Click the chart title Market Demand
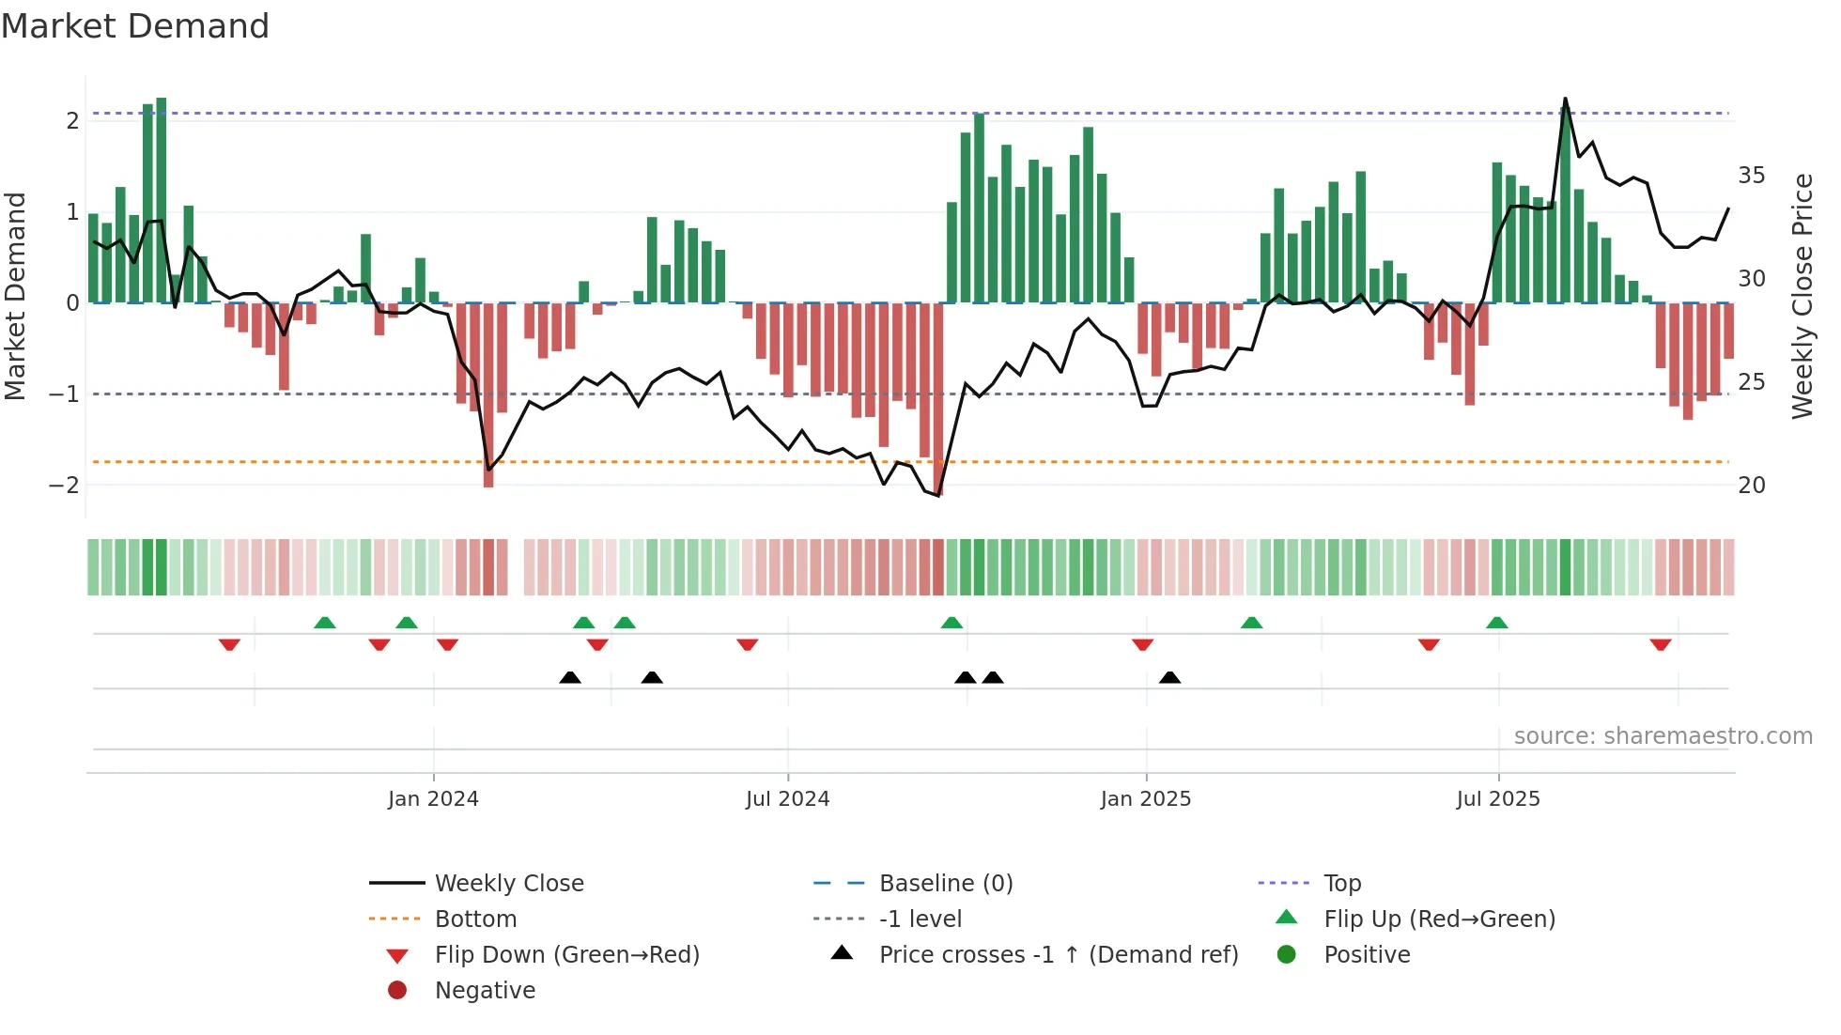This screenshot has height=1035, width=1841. click(x=135, y=26)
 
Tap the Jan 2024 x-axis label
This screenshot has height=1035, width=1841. click(x=433, y=799)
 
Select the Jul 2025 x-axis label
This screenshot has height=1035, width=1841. click(x=1498, y=799)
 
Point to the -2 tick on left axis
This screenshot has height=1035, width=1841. click(x=64, y=486)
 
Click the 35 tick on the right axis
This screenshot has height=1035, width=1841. click(x=1751, y=176)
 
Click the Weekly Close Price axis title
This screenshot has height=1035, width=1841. click(x=1802, y=296)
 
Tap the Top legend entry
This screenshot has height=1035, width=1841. click(x=1342, y=884)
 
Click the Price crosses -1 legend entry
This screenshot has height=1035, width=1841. click(x=1058, y=955)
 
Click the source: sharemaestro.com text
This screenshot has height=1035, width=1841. click(x=1663, y=736)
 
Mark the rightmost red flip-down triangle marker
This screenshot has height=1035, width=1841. click(x=1660, y=644)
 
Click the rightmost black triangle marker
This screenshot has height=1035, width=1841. click(x=1169, y=677)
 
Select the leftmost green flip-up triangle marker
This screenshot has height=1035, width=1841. click(x=324, y=623)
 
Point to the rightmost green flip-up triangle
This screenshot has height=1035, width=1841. click(x=1497, y=623)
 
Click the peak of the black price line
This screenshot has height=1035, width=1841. click(x=1565, y=99)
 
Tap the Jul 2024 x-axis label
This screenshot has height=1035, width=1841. click(x=787, y=799)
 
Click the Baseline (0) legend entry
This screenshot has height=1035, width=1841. click(x=945, y=884)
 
